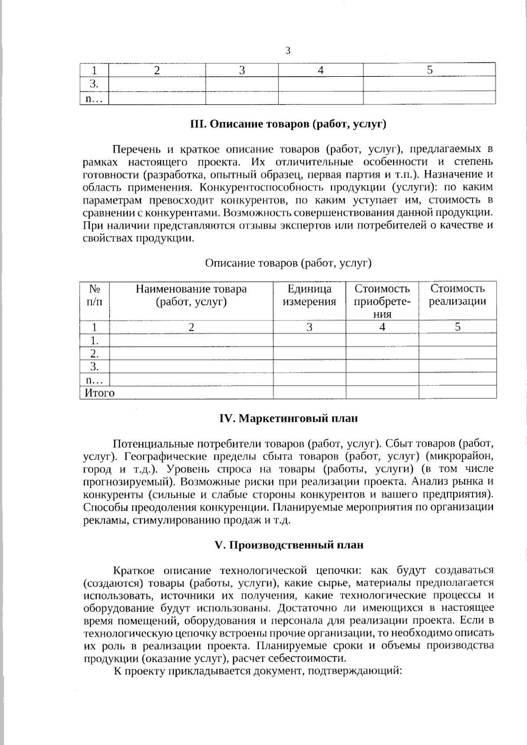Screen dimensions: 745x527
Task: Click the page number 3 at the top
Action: click(288, 51)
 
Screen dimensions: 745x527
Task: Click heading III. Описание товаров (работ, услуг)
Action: click(288, 124)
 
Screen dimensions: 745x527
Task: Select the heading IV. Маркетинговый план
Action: click(288, 418)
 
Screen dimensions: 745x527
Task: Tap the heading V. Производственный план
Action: click(289, 545)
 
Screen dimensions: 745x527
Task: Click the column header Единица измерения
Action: click(309, 295)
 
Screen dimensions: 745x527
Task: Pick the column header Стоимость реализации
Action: click(457, 295)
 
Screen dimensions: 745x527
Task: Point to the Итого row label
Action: click(100, 393)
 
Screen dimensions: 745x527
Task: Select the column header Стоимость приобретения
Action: click(382, 301)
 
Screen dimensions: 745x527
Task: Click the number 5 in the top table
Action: click(430, 70)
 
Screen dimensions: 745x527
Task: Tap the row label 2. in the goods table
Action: click(94, 353)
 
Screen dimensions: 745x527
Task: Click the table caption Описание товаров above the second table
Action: click(288, 263)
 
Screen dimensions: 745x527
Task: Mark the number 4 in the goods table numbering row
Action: click(382, 327)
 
